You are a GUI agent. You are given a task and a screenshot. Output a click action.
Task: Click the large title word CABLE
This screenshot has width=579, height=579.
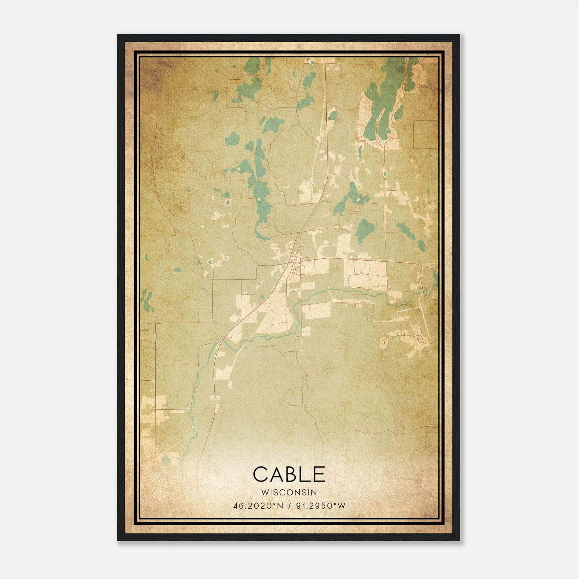pyautogui.click(x=289, y=474)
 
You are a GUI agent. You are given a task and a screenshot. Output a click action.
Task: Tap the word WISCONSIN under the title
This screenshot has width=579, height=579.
pyautogui.click(x=289, y=493)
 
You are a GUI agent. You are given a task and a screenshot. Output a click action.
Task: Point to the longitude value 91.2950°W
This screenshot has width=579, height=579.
pyautogui.click(x=321, y=506)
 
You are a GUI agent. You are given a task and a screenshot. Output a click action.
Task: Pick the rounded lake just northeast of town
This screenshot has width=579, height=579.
pyautogui.click(x=364, y=229)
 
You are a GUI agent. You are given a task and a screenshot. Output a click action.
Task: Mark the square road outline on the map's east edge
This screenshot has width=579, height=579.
pyautogui.click(x=426, y=134)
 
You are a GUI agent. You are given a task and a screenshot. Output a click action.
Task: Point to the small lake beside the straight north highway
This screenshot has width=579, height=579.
pyautogui.click(x=332, y=116)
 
